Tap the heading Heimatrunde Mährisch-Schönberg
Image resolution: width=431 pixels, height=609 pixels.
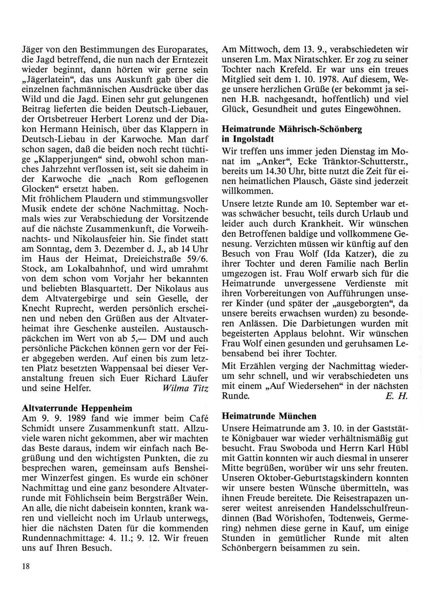pyautogui.click(x=292, y=129)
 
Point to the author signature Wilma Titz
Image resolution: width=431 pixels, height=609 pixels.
pyautogui.click(x=186, y=388)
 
